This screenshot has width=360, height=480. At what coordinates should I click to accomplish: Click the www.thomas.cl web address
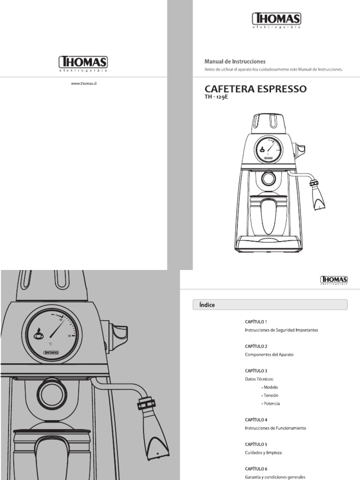83,84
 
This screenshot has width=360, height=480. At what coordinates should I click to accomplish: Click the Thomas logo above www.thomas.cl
83,63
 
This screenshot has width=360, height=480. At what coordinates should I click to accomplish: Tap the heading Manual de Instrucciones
235,61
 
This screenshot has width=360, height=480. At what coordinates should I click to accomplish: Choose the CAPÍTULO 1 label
255,322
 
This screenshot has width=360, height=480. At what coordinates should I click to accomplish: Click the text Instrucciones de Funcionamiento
275,428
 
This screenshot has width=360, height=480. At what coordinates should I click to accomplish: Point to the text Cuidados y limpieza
263,453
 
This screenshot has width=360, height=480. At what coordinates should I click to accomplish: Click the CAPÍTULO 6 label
255,468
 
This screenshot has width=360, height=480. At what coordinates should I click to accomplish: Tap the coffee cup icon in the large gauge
38,334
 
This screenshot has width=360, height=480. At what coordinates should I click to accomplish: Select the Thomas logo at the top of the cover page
276,20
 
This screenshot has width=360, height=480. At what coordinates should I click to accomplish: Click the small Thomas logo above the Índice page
334,280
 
